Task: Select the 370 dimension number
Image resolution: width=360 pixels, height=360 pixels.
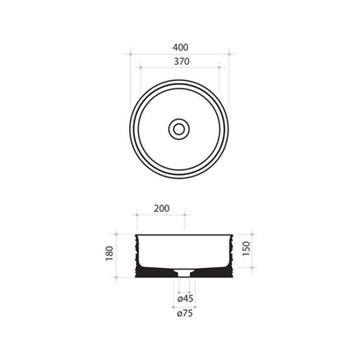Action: (x=179, y=63)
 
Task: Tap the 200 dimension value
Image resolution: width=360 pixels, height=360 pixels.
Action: (x=162, y=211)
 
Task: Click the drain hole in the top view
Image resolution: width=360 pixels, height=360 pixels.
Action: (x=179, y=128)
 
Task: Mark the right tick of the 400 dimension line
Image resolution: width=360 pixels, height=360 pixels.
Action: (x=228, y=54)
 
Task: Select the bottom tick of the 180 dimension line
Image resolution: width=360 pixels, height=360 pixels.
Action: (x=120, y=277)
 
